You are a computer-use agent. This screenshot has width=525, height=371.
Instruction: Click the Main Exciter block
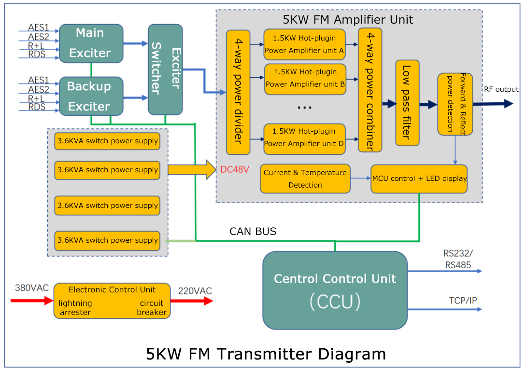[x=91, y=43]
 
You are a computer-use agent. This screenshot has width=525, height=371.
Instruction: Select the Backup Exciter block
[x=91, y=96]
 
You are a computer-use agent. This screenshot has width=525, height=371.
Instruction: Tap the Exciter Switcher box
[x=165, y=69]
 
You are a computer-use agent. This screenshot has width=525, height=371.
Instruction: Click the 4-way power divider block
[x=238, y=92]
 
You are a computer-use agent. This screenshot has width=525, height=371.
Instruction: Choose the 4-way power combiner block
[x=370, y=90]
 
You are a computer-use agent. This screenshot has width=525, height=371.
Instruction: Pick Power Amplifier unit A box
[x=304, y=44]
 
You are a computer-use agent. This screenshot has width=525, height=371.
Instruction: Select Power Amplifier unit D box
[x=304, y=137]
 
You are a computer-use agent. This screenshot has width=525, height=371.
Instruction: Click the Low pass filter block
[x=407, y=103]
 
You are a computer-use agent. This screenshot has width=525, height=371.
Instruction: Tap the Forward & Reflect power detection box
[x=455, y=104]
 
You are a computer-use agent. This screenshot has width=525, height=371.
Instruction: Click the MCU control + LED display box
[x=419, y=179]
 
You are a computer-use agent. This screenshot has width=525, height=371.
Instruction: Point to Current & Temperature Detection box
[x=305, y=179]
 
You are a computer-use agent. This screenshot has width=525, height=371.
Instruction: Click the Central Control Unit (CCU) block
[x=335, y=290]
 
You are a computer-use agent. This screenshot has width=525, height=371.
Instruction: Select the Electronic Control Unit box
[x=112, y=301]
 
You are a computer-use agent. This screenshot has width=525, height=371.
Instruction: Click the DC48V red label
[x=235, y=169]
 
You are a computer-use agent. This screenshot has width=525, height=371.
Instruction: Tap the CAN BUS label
[x=253, y=232]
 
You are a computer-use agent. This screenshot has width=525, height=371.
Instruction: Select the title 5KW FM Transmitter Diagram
[x=266, y=354]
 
